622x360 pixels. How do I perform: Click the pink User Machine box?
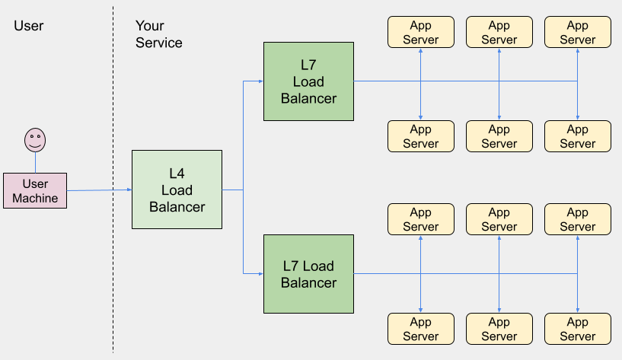pyautogui.click(x=35, y=191)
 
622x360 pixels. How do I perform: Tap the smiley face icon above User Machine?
pyautogui.click(x=35, y=139)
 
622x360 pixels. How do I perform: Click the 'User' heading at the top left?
pyautogui.click(x=29, y=26)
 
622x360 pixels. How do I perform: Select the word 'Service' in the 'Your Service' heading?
pyautogui.click(x=158, y=43)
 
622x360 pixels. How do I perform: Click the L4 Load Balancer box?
pyautogui.click(x=177, y=190)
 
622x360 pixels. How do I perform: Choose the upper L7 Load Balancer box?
pyautogui.click(x=308, y=81)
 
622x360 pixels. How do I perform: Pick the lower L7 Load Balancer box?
pyautogui.click(x=308, y=274)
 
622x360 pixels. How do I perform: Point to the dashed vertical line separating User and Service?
pyautogui.click(x=113, y=228)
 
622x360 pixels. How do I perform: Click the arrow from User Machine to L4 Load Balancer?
pyautogui.click(x=99, y=190)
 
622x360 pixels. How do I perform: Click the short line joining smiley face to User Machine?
pyautogui.click(x=35, y=162)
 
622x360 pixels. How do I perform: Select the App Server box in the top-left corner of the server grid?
pyautogui.click(x=420, y=32)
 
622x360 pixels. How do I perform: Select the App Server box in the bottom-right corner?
pyautogui.click(x=577, y=329)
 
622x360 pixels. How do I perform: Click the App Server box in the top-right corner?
pyautogui.click(x=577, y=32)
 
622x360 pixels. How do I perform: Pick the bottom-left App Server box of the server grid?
pyautogui.click(x=420, y=329)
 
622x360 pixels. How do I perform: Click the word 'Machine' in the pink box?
pyautogui.click(x=35, y=198)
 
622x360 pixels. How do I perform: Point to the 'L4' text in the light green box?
pyautogui.click(x=177, y=174)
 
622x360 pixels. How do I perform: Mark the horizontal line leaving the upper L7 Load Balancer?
pyautogui.click(x=381, y=81)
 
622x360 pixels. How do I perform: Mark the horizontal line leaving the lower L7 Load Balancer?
pyautogui.click(x=381, y=273)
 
